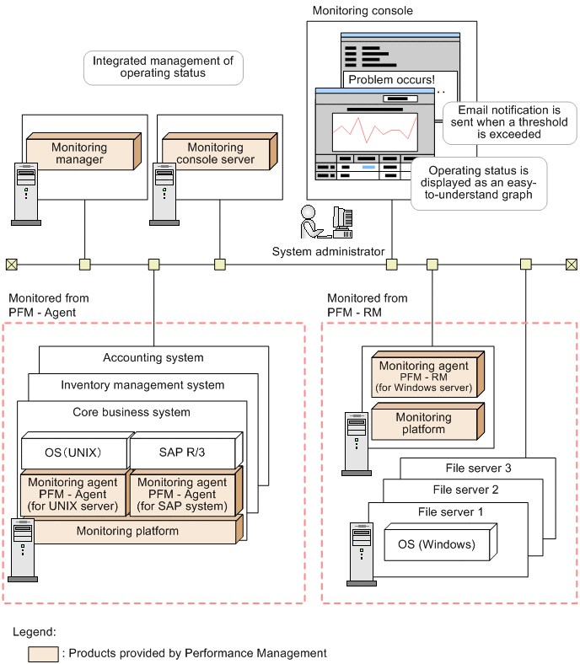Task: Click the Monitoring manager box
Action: click(x=79, y=153)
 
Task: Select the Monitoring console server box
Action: click(x=215, y=153)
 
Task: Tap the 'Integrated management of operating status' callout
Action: click(x=163, y=67)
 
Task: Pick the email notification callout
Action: click(x=508, y=122)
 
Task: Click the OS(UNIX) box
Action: click(x=73, y=451)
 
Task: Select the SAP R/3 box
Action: click(x=182, y=451)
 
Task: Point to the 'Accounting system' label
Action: click(x=153, y=357)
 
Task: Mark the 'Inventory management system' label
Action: click(x=142, y=385)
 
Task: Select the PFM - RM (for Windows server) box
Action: click(x=424, y=378)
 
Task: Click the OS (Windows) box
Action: click(x=436, y=544)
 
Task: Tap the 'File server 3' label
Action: click(x=478, y=469)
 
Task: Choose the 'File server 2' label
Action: click(x=465, y=490)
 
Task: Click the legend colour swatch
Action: click(x=43, y=653)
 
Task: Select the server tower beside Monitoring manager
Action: click(x=25, y=194)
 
